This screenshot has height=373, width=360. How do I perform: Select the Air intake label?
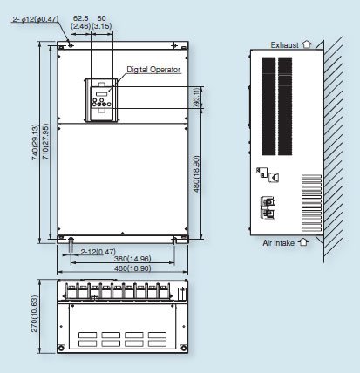(x=278, y=243)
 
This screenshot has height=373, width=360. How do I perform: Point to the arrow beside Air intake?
(x=303, y=242)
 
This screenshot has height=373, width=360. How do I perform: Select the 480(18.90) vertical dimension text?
(x=198, y=174)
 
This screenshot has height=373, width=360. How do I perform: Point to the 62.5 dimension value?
(x=80, y=17)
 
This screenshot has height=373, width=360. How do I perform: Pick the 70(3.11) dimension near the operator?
(x=197, y=99)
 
